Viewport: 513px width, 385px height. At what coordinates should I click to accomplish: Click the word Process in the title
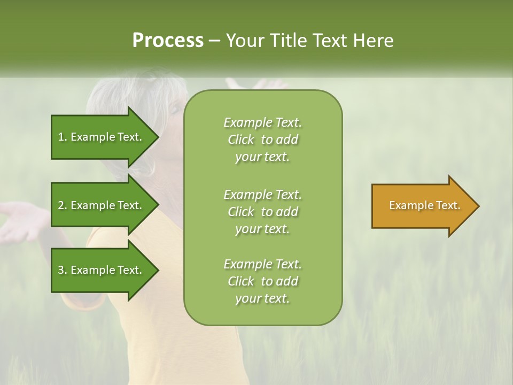[168, 41]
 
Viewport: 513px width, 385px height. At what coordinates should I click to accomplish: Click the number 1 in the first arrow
[61, 137]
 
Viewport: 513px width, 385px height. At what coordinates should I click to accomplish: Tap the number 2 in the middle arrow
[61, 205]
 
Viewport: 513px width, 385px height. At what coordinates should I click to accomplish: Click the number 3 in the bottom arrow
[61, 270]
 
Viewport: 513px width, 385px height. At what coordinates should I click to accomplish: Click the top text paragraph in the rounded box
[262, 140]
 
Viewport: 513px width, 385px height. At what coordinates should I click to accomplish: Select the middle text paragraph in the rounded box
[262, 211]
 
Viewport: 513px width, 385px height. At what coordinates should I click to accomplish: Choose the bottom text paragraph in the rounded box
[262, 281]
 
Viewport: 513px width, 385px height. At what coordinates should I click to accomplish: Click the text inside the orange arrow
[425, 205]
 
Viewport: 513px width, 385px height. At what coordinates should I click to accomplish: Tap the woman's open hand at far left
[21, 219]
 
